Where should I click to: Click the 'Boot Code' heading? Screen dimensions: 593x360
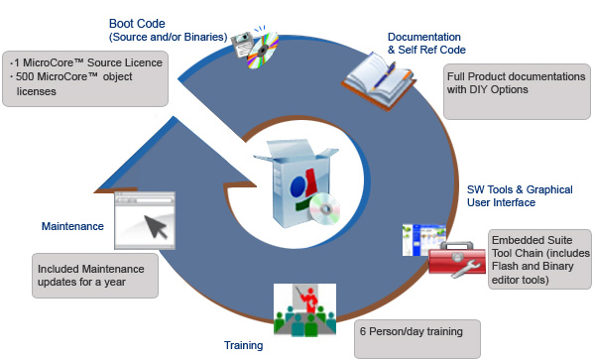pos(137,24)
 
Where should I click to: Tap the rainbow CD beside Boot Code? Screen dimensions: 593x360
pos(263,51)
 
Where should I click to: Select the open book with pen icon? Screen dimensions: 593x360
pos(378,80)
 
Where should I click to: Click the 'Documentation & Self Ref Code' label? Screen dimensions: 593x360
pos(426,43)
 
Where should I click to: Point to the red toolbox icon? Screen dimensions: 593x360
pos(457,260)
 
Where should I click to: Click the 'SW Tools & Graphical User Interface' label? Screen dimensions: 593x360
pos(520,196)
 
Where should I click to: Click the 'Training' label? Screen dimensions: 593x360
pos(243,345)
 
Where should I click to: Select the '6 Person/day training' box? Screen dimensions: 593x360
pos(417,339)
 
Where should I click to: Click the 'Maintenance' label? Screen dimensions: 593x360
pos(72,226)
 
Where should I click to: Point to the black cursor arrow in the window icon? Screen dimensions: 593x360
pos(156,226)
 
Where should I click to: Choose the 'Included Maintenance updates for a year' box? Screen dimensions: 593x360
pos(95,276)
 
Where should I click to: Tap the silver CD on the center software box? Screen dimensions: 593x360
pos(324,208)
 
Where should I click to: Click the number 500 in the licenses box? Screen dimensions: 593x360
pos(25,76)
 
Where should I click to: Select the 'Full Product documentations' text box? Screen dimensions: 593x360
pos(517,91)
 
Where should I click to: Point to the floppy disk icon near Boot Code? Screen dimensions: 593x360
pos(242,45)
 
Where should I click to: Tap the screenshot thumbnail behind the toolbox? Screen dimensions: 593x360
pos(423,239)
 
